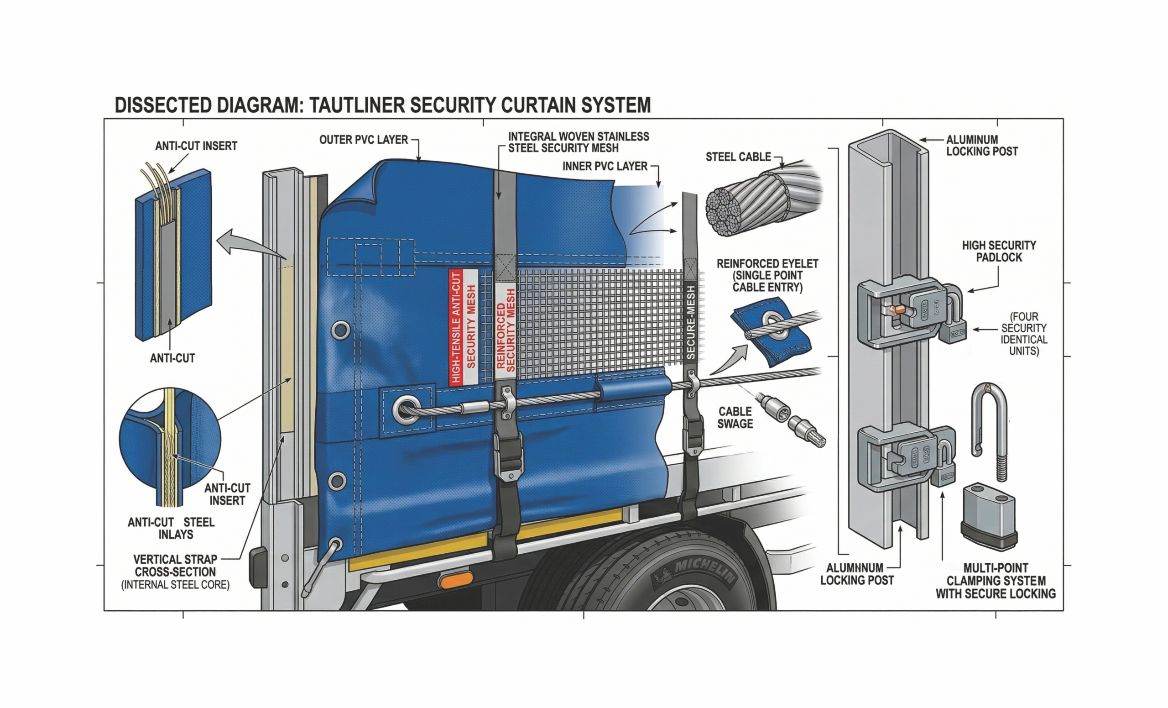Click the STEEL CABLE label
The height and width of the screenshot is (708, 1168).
point(738,157)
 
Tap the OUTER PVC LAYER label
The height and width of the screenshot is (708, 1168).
point(363,140)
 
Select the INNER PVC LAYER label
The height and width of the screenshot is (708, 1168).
point(605,167)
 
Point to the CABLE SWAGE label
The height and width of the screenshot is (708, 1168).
point(735,418)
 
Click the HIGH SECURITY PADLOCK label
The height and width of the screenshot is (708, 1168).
point(999,252)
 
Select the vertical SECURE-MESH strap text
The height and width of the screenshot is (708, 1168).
point(691,322)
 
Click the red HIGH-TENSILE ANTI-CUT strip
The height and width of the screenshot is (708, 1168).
point(455,328)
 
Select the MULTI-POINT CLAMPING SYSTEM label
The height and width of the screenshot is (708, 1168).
point(996,581)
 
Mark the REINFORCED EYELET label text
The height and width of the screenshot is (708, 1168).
point(767,276)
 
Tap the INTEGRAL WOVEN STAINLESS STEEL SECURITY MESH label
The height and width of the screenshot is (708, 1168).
point(579,142)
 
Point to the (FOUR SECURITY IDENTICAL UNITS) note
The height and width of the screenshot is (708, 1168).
point(1024,334)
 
